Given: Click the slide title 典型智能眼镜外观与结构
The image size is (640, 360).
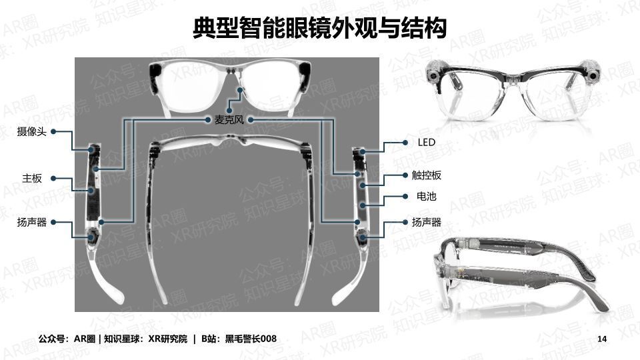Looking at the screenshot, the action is tap(319, 28).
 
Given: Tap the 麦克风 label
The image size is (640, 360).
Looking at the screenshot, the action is tap(229, 119).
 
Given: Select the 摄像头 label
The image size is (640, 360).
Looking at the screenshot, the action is tap(31, 131).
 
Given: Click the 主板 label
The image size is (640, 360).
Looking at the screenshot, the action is tap(32, 179).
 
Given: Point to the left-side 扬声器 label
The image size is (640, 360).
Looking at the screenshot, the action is tap(31, 222).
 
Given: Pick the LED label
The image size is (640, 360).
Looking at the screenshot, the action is tap(427, 143).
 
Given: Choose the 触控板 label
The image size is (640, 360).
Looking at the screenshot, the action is tap(427, 175).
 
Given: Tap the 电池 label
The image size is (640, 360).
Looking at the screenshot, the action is tap(427, 196).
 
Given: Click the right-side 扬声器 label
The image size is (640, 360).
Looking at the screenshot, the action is tap(427, 222).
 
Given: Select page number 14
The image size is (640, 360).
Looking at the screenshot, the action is tap(602, 339).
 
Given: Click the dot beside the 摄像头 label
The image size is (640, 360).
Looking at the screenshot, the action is tap(53, 131).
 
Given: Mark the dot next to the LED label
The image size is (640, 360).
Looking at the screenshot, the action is tap(405, 143).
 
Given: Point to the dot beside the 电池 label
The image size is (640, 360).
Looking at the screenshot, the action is tap(405, 196).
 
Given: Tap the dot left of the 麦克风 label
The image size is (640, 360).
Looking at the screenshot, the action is tap(207, 119).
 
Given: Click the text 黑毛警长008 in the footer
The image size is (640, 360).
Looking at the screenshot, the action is tap(251, 339).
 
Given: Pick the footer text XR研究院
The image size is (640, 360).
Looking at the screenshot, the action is tap(168, 339).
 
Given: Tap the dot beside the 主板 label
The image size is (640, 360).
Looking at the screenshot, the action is tap(53, 179).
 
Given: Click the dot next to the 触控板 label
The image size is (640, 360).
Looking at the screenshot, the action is tap(405, 175).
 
